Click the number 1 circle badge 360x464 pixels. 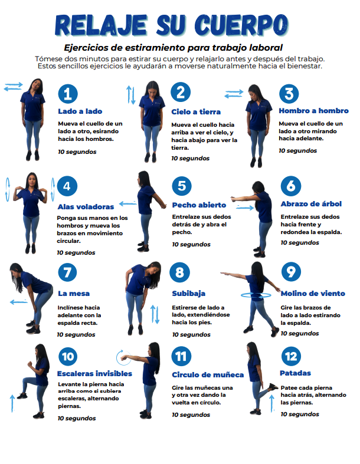point(68,94)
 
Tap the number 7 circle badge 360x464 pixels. point(67,272)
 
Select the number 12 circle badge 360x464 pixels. point(291,356)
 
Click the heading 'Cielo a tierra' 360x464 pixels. point(196,112)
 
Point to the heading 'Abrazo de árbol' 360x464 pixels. point(311,204)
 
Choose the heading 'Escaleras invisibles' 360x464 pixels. point(94,373)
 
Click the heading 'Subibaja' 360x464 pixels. point(189,294)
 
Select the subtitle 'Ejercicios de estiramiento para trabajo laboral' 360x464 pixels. point(174,48)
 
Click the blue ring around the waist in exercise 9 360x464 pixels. point(256,295)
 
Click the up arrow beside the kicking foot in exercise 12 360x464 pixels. point(272,403)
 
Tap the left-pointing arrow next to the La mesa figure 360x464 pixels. point(18,302)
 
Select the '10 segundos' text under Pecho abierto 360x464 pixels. point(191,245)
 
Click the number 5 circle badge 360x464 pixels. point(182,186)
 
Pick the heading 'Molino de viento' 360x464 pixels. point(313,294)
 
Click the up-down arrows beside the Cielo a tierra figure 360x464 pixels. point(131,95)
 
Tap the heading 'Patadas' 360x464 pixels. point(296,373)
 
